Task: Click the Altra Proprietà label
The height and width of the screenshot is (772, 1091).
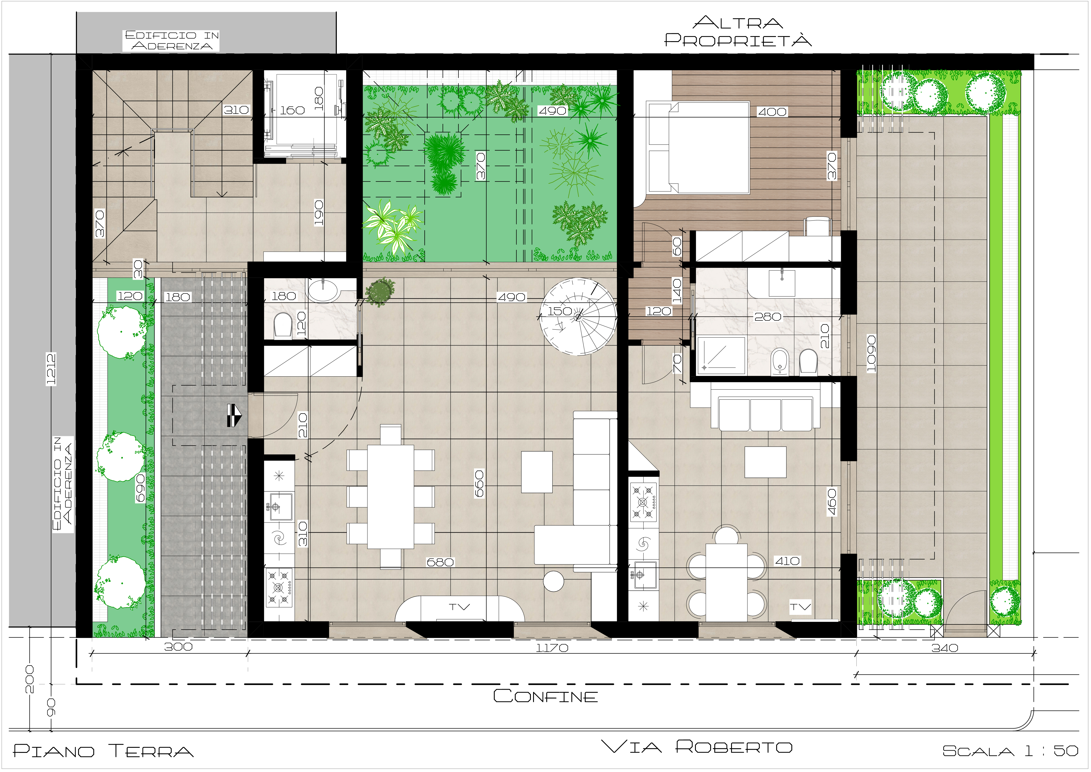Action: [x=738, y=32]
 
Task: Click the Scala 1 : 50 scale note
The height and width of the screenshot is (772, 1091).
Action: [x=1011, y=751]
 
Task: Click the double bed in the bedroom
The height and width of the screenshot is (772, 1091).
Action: [x=699, y=147]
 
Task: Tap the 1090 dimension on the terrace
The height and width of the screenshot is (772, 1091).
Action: [x=871, y=354]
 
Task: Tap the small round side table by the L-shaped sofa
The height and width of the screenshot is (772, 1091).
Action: [x=554, y=581]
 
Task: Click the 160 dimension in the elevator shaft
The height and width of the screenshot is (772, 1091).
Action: [x=292, y=110]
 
